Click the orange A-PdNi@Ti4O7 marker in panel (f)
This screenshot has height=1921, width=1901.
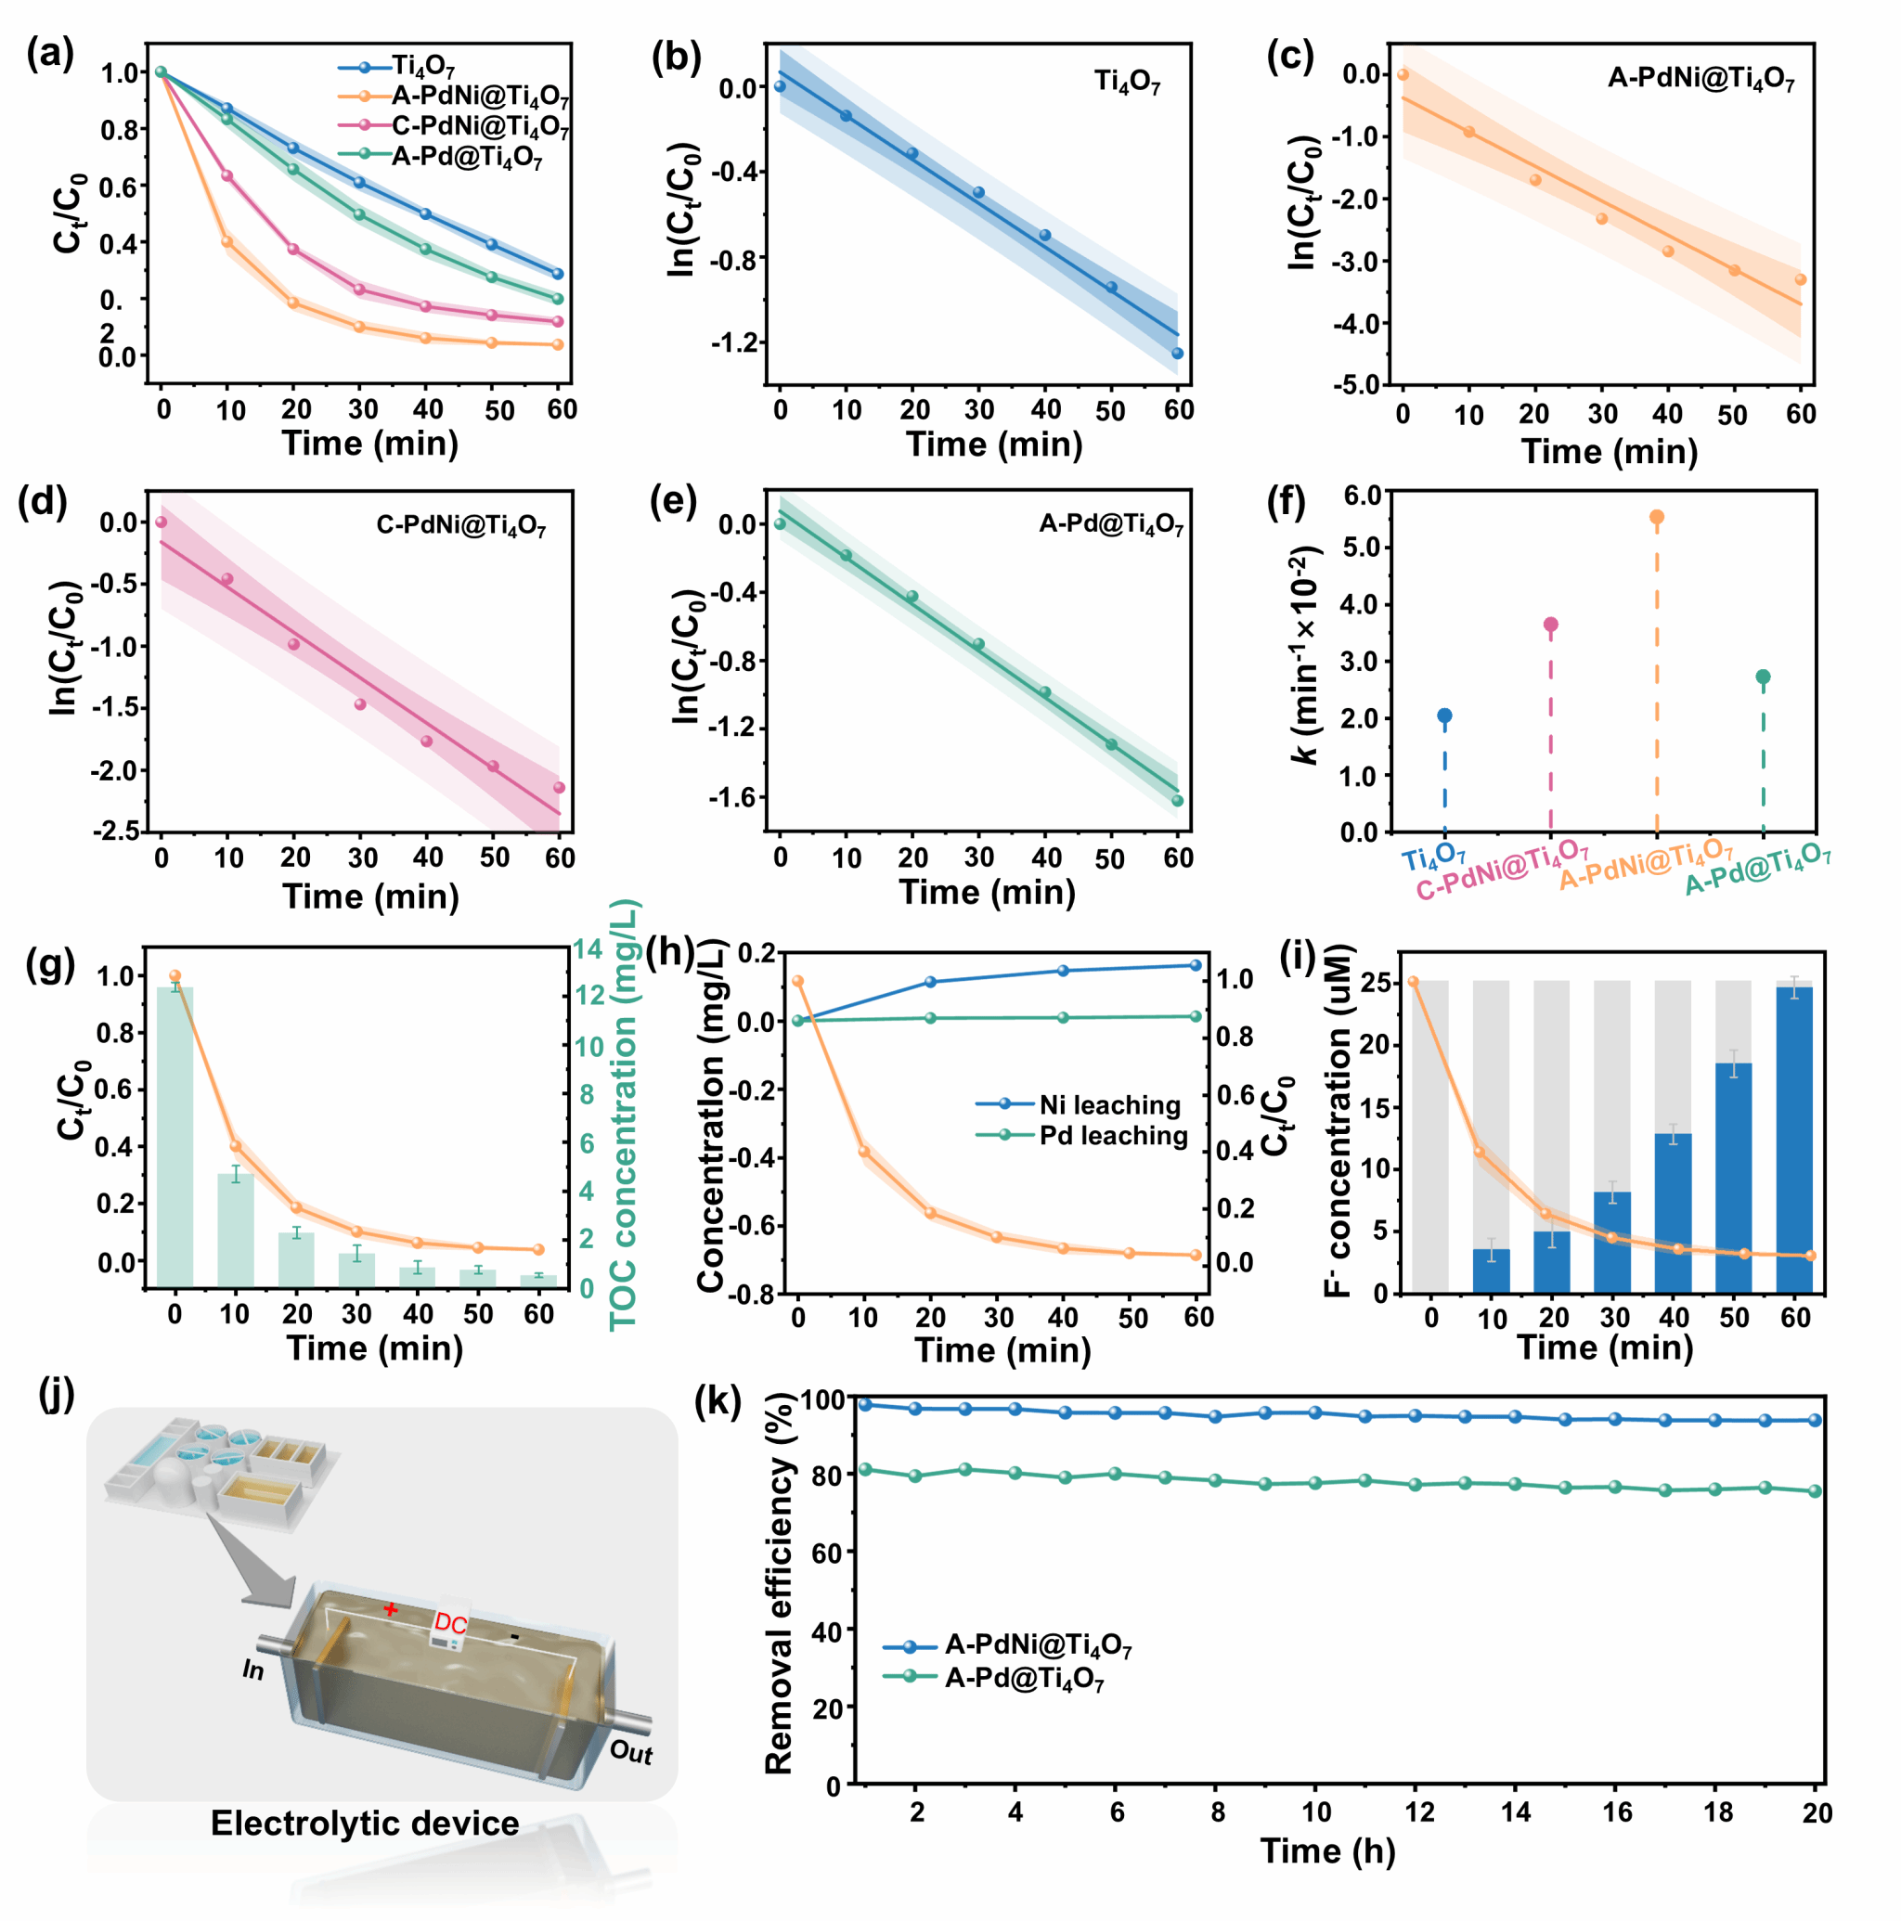(x=1656, y=517)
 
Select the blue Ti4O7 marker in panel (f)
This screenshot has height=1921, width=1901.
(x=1444, y=716)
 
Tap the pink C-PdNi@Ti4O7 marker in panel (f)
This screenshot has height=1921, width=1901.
(x=1550, y=625)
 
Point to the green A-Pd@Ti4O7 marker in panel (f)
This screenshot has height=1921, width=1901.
(x=1763, y=677)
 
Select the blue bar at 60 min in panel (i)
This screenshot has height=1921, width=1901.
(x=1794, y=1140)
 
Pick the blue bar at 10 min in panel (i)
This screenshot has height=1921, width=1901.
(x=1491, y=1270)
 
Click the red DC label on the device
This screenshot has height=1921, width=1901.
(x=450, y=1624)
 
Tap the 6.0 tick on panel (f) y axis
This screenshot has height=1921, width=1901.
(x=1359, y=494)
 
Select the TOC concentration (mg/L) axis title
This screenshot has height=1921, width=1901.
(x=624, y=1114)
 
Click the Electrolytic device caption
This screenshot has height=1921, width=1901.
(x=364, y=1824)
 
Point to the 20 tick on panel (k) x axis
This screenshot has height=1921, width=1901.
(x=1817, y=1813)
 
